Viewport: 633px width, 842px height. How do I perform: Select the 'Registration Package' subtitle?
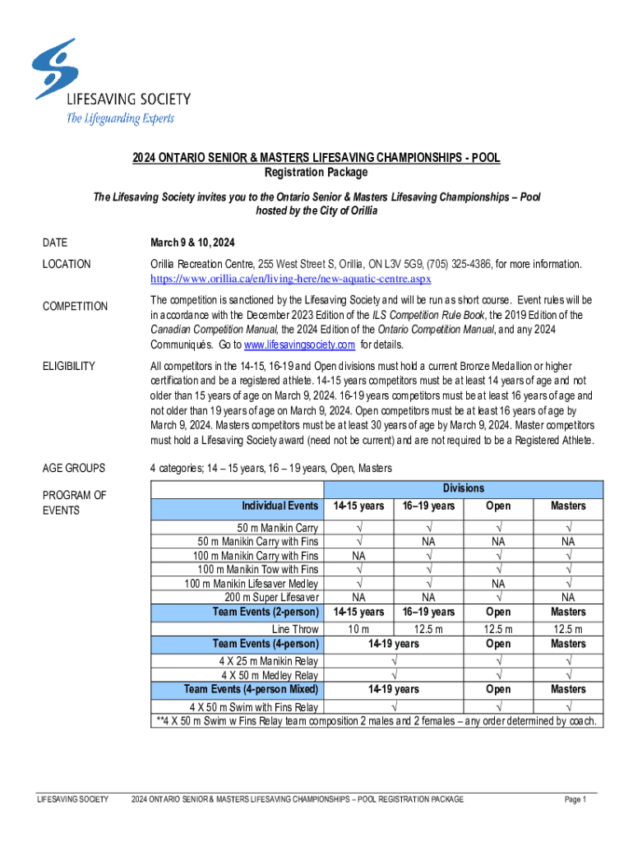[x=316, y=173]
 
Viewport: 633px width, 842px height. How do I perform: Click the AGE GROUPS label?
[x=74, y=468]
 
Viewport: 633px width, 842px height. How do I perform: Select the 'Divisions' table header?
[x=464, y=488]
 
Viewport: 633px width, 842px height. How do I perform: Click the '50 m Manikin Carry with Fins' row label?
[x=258, y=541]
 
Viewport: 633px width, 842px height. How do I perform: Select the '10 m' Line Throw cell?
[x=358, y=629]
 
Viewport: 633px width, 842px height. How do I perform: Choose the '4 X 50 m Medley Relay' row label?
[x=266, y=675]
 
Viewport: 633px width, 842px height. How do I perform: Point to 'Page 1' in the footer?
[x=575, y=799]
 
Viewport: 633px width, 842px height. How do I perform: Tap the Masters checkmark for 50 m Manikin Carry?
[x=567, y=527]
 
